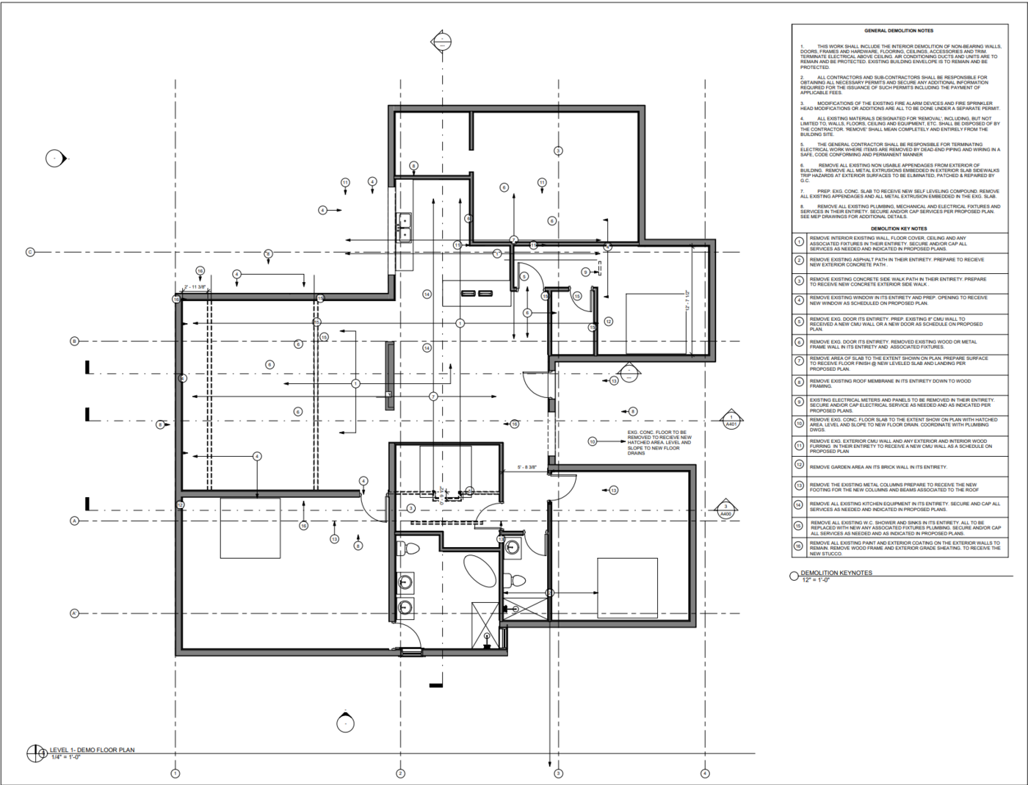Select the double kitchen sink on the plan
pos(404,227)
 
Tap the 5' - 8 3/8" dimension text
pos(526,467)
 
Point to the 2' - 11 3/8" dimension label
pos(195,287)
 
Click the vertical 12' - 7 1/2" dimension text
pos(687,302)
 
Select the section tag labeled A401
pos(731,420)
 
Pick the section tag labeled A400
pos(725,510)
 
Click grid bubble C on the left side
pos(30,252)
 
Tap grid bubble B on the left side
pos(74,341)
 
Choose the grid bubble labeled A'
pos(74,613)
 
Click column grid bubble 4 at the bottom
pos(705,773)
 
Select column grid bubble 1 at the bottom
pos(175,773)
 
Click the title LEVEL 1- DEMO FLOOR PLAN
pos(92,750)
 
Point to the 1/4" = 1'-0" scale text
pos(66,756)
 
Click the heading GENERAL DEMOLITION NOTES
pos(899,31)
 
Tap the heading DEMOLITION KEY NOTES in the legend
pos(899,228)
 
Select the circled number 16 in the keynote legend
pos(799,546)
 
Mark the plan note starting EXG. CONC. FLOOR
pos(659,443)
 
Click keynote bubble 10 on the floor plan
pos(592,441)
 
